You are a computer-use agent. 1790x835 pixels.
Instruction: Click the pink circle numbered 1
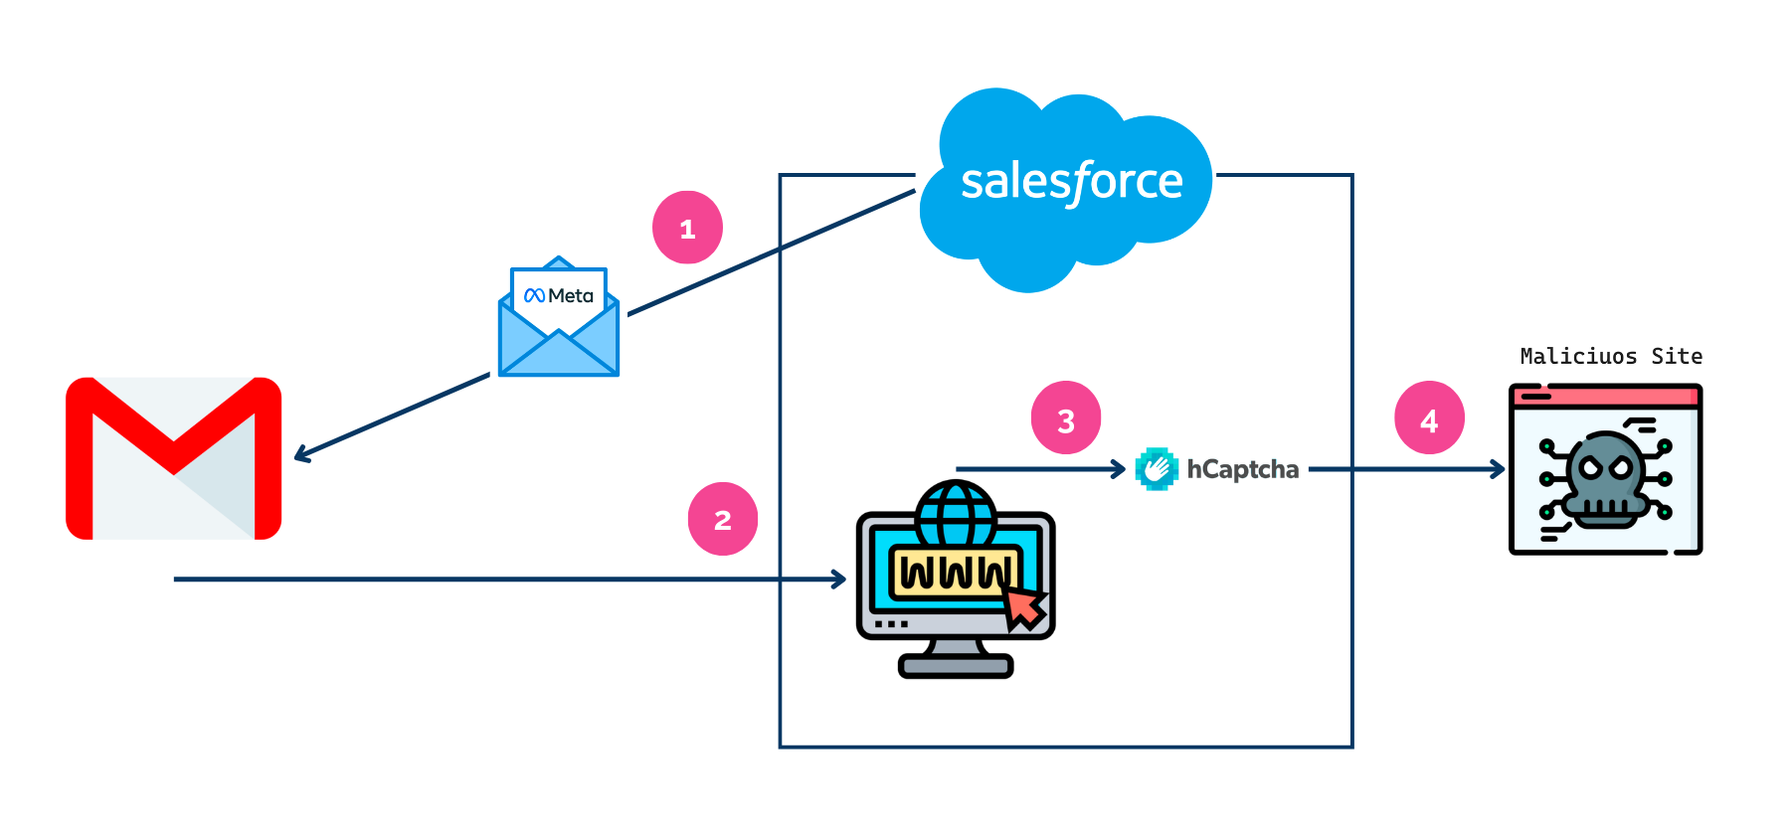(687, 228)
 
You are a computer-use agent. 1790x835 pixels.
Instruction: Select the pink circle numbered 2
(723, 519)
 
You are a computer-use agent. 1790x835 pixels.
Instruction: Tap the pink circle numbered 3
(1066, 418)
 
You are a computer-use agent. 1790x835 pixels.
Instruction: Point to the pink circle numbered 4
(1429, 418)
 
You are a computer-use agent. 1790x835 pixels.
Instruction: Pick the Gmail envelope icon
(174, 458)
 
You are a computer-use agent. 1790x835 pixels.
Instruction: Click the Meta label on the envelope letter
(560, 295)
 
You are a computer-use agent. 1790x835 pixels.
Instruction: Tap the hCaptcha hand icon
(1157, 469)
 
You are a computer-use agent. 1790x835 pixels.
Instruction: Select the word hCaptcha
(1243, 469)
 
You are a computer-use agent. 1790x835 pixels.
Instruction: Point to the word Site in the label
(1677, 357)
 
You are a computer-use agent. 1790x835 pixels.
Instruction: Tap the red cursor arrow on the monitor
(1025, 607)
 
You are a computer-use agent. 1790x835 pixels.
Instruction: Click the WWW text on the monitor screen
(956, 574)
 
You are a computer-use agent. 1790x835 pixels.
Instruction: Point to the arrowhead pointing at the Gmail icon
(300, 455)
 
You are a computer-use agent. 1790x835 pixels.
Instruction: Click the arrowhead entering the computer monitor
(839, 579)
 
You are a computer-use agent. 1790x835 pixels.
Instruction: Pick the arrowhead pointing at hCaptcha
(1120, 468)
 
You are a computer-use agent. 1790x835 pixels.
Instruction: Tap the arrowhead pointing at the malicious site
(1499, 468)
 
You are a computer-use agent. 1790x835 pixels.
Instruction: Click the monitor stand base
(956, 665)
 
